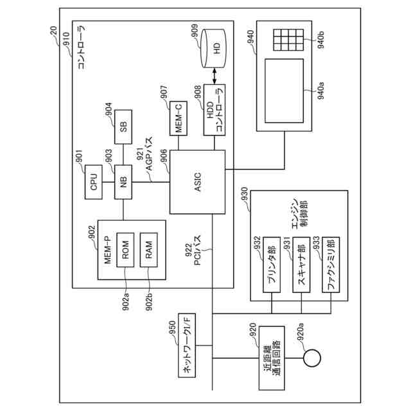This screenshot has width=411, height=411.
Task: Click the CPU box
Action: click(94, 182)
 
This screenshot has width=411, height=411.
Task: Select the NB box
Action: click(123, 182)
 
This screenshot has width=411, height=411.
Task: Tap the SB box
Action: click(123, 127)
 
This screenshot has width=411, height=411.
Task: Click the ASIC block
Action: click(197, 182)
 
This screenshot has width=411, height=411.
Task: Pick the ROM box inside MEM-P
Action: click(125, 250)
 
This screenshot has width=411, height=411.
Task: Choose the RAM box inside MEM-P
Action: click(148, 250)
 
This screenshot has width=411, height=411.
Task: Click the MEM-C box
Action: click(179, 118)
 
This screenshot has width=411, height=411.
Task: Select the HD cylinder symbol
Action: click(213, 49)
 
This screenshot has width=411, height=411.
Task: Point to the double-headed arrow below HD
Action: click(214, 76)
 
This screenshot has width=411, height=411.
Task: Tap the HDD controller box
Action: click(214, 110)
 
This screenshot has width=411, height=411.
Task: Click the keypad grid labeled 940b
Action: click(288, 40)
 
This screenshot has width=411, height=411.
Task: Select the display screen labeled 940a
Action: click(284, 91)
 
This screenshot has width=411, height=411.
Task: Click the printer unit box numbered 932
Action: click(272, 265)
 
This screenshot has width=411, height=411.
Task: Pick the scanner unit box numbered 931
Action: click(301, 265)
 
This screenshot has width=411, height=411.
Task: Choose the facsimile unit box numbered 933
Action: click(331, 265)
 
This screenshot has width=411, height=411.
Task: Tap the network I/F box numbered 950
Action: click(187, 345)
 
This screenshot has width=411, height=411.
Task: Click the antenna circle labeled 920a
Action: click(312, 358)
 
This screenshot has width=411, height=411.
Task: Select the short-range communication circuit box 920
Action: click(272, 358)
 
